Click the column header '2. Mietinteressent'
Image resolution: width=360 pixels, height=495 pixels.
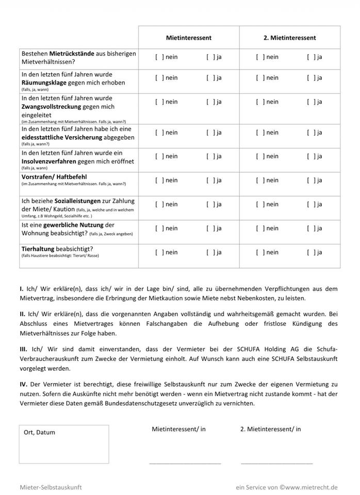tap(289, 38)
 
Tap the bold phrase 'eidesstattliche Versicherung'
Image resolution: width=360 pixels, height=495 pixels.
tap(78, 137)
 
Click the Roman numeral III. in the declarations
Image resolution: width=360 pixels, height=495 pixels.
tap(23, 349)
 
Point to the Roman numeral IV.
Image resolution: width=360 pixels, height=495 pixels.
tap(23, 385)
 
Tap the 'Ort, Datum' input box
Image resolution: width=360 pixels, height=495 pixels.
tap(64, 444)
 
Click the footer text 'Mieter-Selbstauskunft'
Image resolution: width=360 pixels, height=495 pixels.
tap(51, 487)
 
